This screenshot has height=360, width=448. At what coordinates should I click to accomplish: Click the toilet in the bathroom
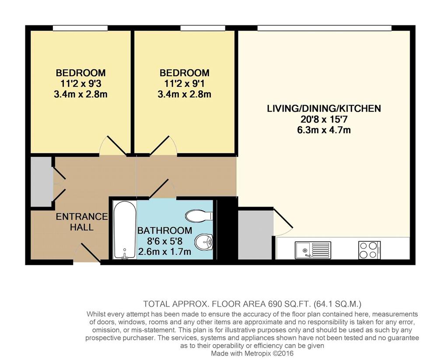click(199, 216)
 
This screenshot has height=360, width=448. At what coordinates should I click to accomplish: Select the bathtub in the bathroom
click(125, 230)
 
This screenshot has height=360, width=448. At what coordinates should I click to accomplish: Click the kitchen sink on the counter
click(313, 250)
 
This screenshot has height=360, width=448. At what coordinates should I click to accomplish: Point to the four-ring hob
click(369, 250)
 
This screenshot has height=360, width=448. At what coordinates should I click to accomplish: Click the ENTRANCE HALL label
click(82, 222)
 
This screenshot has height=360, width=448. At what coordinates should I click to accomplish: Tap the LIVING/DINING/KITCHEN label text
click(324, 109)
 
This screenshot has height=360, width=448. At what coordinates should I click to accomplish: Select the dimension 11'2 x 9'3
click(81, 84)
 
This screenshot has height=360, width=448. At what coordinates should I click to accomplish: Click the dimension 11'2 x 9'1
click(185, 84)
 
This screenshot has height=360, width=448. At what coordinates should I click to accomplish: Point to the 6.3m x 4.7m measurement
click(324, 130)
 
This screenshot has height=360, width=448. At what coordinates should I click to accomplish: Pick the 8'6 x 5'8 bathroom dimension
click(164, 241)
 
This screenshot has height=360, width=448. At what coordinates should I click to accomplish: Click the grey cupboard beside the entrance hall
click(42, 181)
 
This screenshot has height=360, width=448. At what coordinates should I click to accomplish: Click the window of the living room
click(324, 28)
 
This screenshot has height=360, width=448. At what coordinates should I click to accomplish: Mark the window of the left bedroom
click(80, 28)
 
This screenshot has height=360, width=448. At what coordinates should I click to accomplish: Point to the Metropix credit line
click(252, 354)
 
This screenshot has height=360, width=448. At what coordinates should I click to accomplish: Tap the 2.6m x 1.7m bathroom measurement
click(164, 252)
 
